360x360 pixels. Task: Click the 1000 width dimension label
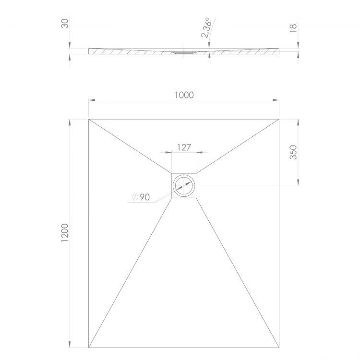(x=184, y=95)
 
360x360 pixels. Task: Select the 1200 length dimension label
(x=65, y=232)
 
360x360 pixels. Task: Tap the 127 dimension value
(x=184, y=147)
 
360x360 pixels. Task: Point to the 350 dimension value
(x=293, y=152)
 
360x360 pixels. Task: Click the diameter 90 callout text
(x=141, y=197)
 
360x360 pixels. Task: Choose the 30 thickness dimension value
(x=65, y=24)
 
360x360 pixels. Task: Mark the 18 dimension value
(x=293, y=28)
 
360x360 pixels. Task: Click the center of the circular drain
(x=184, y=185)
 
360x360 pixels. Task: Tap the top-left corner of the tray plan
(x=89, y=119)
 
